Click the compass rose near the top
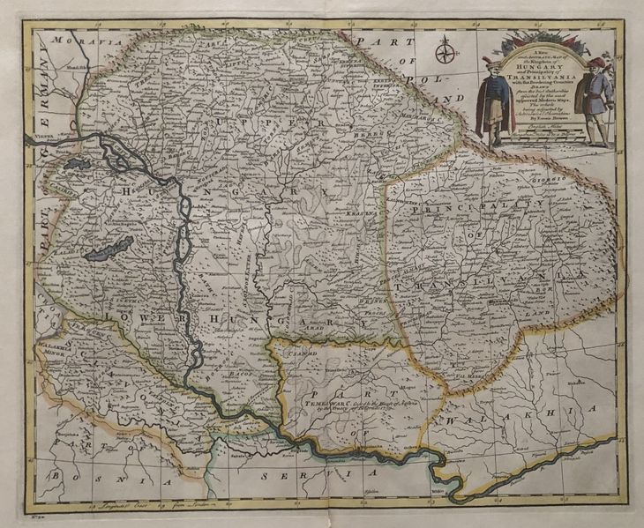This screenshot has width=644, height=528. click(444, 56)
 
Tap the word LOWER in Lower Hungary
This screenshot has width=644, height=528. click(124, 316)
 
